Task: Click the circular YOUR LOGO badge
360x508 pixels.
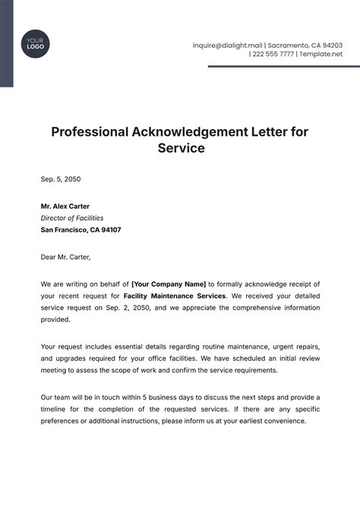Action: tap(33, 43)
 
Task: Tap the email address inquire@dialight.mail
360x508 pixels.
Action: tap(228, 46)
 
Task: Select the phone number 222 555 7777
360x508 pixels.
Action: tap(274, 55)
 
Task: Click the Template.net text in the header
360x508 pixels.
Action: tap(321, 55)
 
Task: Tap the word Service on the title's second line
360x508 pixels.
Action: tap(181, 148)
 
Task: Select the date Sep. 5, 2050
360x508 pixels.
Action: tap(61, 180)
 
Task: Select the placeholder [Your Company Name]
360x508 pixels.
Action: tap(169, 283)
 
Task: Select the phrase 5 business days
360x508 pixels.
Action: tap(159, 396)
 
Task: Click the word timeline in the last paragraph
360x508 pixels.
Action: tap(55, 409)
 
